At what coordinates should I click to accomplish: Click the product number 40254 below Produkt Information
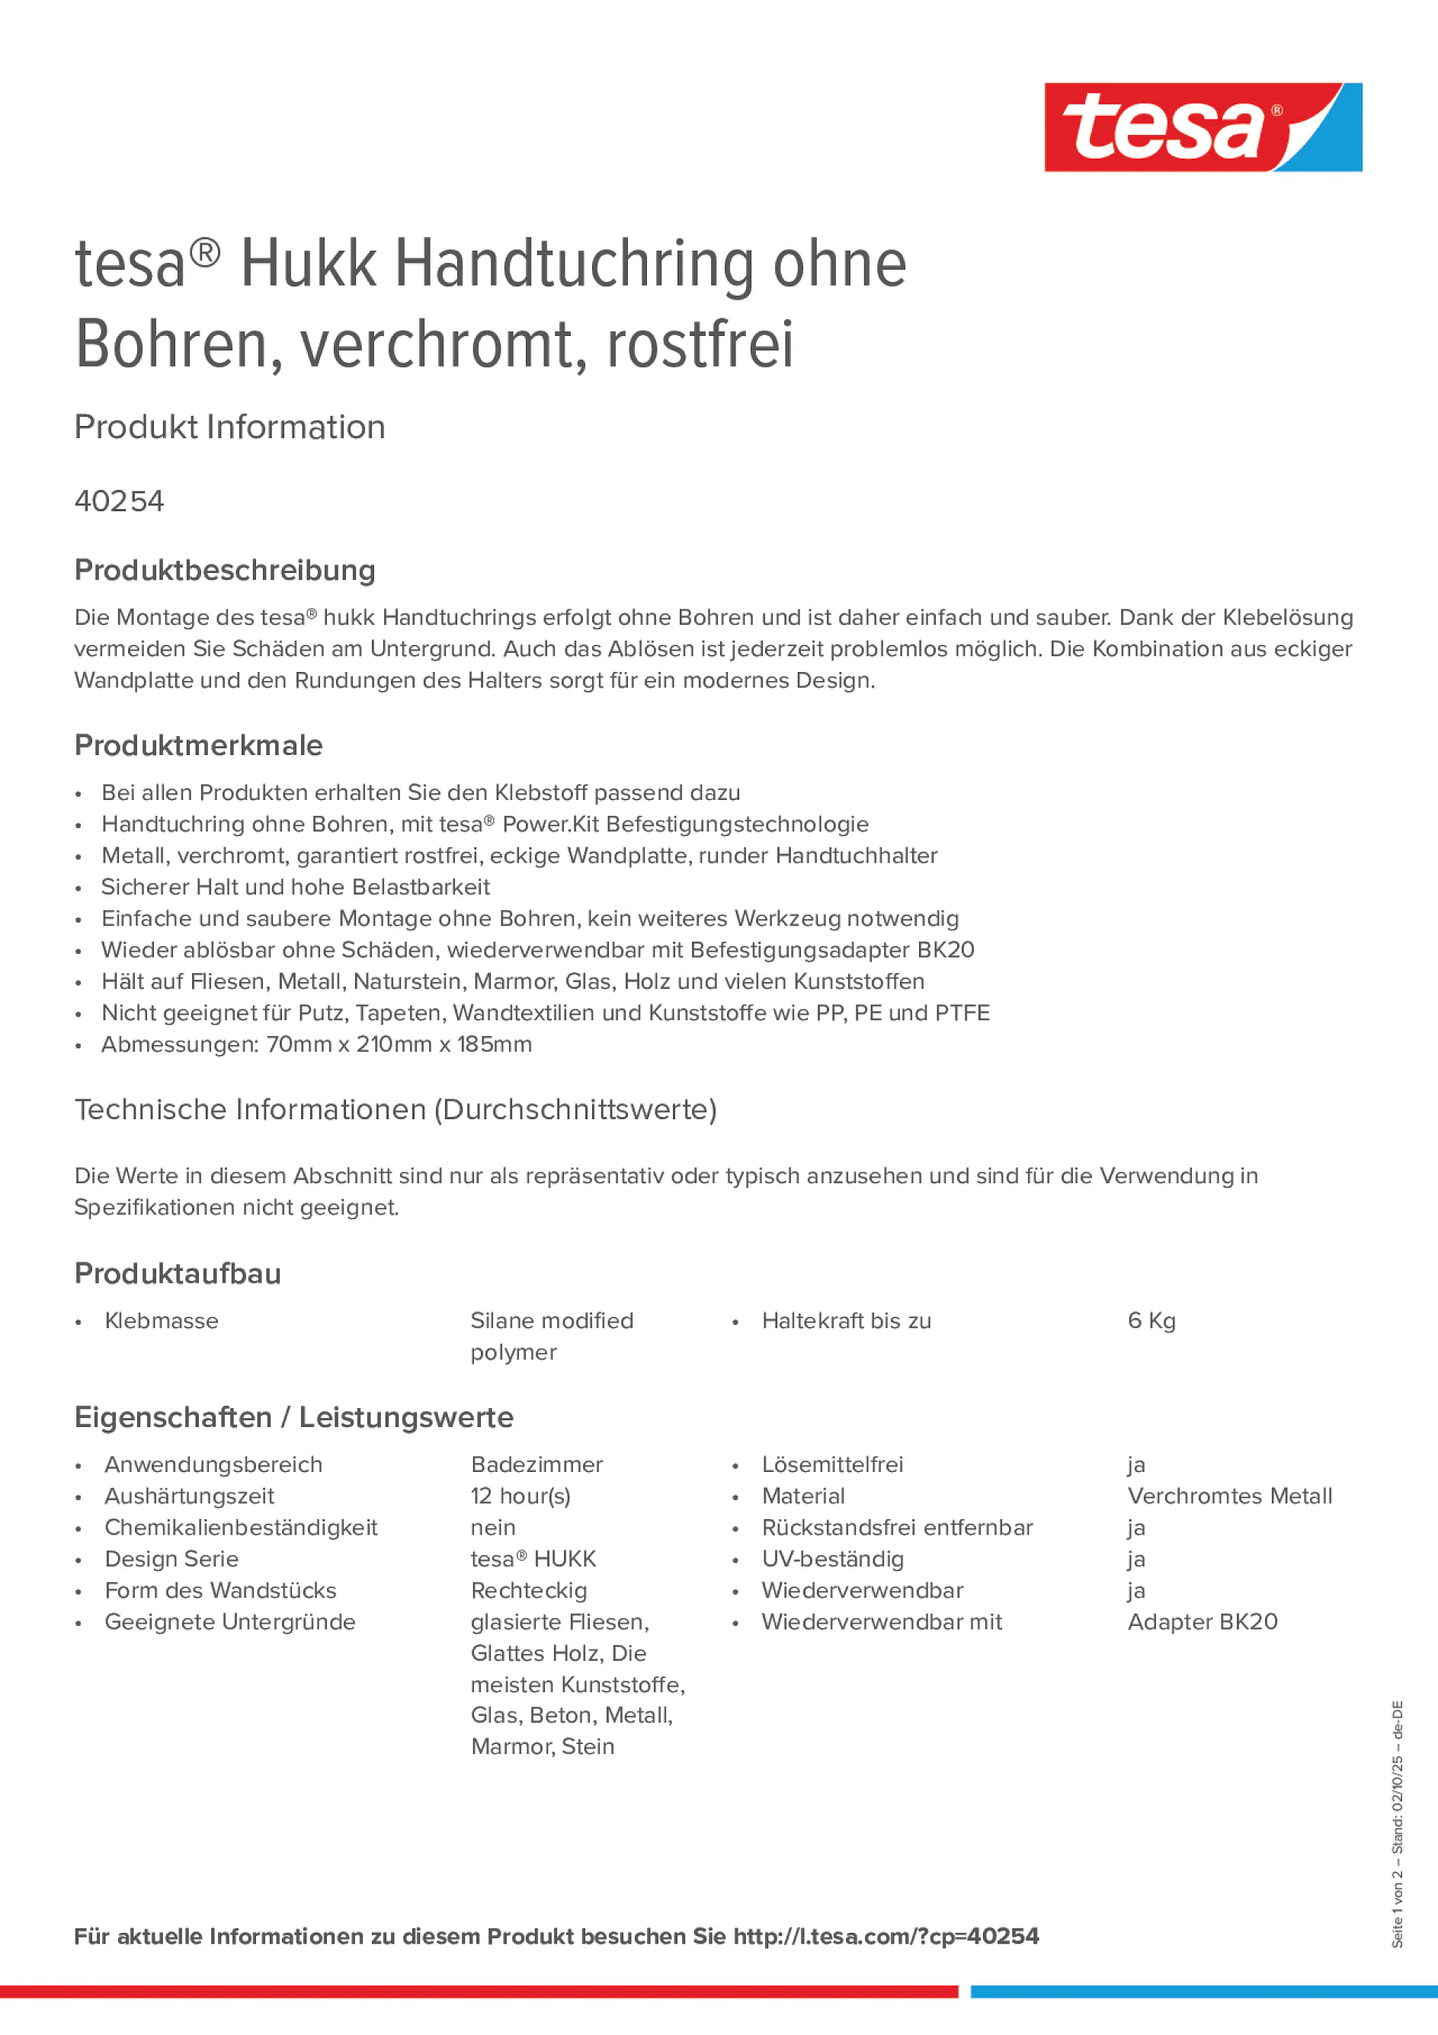[x=119, y=501]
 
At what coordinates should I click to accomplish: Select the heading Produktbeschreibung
[x=224, y=570]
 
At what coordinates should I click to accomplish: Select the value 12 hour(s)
[x=520, y=1496]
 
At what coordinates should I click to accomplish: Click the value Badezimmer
[x=536, y=1464]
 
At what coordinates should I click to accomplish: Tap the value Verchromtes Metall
[x=1228, y=1496]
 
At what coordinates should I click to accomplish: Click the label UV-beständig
[x=832, y=1559]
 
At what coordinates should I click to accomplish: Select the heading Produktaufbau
[x=178, y=1274]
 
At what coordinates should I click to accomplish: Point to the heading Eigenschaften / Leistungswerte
[x=293, y=1417]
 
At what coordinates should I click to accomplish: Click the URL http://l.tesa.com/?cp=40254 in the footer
[x=885, y=1937]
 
